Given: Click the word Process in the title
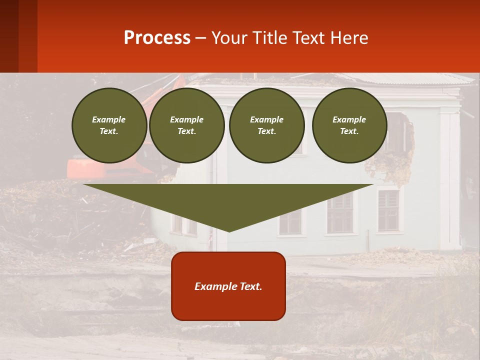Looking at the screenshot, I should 157,38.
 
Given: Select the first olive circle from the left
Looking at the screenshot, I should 109,125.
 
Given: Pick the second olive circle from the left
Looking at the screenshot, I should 187,125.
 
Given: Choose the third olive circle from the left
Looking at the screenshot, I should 267,125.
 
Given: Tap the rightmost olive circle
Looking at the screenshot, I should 349,125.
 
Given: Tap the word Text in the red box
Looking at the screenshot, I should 251,286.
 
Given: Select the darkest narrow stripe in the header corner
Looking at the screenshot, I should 9,36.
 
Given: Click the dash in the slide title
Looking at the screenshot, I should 201,38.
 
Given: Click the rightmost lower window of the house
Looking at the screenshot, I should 388,210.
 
